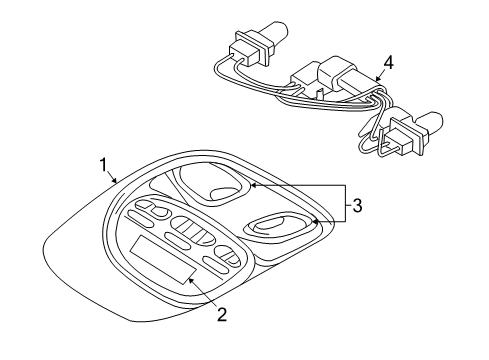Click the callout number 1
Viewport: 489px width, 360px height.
[x=102, y=164]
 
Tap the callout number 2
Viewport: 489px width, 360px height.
[x=222, y=314]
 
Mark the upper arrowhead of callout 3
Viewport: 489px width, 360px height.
[x=252, y=185]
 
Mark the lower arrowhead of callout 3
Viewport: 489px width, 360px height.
[x=313, y=221]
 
